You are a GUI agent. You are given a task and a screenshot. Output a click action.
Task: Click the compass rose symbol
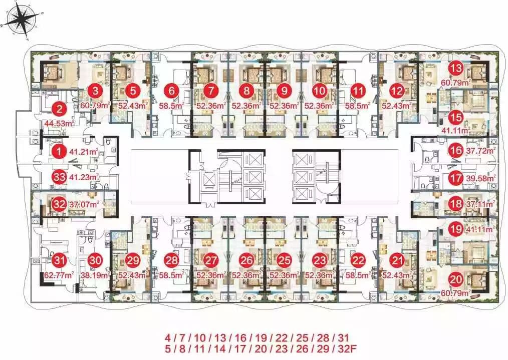pyautogui.click(x=22, y=22)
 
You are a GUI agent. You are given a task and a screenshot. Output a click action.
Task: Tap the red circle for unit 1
pyautogui.click(x=59, y=151)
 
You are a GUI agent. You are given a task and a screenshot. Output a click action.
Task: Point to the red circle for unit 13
pyautogui.click(x=456, y=68)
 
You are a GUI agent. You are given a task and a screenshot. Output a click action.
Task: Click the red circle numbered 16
pyautogui.click(x=456, y=151)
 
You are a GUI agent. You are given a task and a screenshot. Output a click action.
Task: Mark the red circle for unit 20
pyautogui.click(x=456, y=279)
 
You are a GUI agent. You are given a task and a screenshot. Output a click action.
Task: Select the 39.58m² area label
pyautogui.click(x=481, y=178)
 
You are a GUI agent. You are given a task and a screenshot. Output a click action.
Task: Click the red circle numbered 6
pyautogui.click(x=171, y=91)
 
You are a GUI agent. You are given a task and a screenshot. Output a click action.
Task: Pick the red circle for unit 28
pyautogui.click(x=171, y=260)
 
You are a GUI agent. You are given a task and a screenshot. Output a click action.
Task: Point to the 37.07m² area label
pyautogui.click(x=84, y=204)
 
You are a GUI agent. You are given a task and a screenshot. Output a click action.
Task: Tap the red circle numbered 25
pyautogui.click(x=284, y=260)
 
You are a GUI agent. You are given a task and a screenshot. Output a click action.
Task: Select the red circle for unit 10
pyautogui.click(x=320, y=91)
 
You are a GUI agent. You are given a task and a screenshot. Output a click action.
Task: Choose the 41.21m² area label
pyautogui.click(x=84, y=151)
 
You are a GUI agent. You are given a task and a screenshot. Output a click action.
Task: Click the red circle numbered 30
pyautogui.click(x=96, y=260)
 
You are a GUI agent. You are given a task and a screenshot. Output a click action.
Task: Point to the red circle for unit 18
pyautogui.click(x=456, y=204)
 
